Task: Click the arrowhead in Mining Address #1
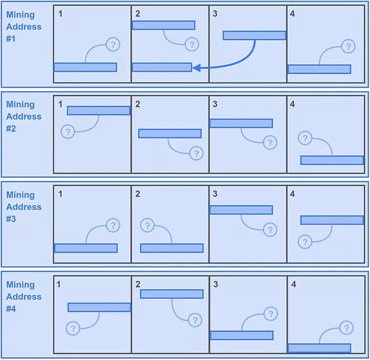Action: click(x=196, y=68)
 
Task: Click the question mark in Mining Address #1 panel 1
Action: click(x=113, y=44)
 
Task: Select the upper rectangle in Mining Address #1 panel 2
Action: click(x=163, y=25)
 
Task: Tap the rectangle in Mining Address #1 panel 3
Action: click(x=254, y=35)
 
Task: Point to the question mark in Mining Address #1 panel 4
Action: click(x=348, y=46)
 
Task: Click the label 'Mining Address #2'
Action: click(x=23, y=117)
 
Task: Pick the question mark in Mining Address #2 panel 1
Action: click(x=68, y=132)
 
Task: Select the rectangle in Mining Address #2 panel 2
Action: click(x=170, y=133)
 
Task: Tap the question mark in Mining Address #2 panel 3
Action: click(x=270, y=143)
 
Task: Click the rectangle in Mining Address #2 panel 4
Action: click(x=332, y=160)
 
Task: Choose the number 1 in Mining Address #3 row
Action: click(x=60, y=194)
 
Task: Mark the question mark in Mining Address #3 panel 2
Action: click(x=147, y=225)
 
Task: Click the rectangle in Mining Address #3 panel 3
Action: click(x=241, y=210)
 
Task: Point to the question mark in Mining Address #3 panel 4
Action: click(x=305, y=241)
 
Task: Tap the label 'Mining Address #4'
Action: click(x=23, y=296)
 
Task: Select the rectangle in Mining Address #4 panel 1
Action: click(x=99, y=308)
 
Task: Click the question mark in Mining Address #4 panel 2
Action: click(x=195, y=320)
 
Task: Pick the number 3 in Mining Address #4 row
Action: click(x=215, y=284)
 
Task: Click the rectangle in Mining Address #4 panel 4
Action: click(x=319, y=348)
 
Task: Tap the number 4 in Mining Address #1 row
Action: click(x=292, y=14)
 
